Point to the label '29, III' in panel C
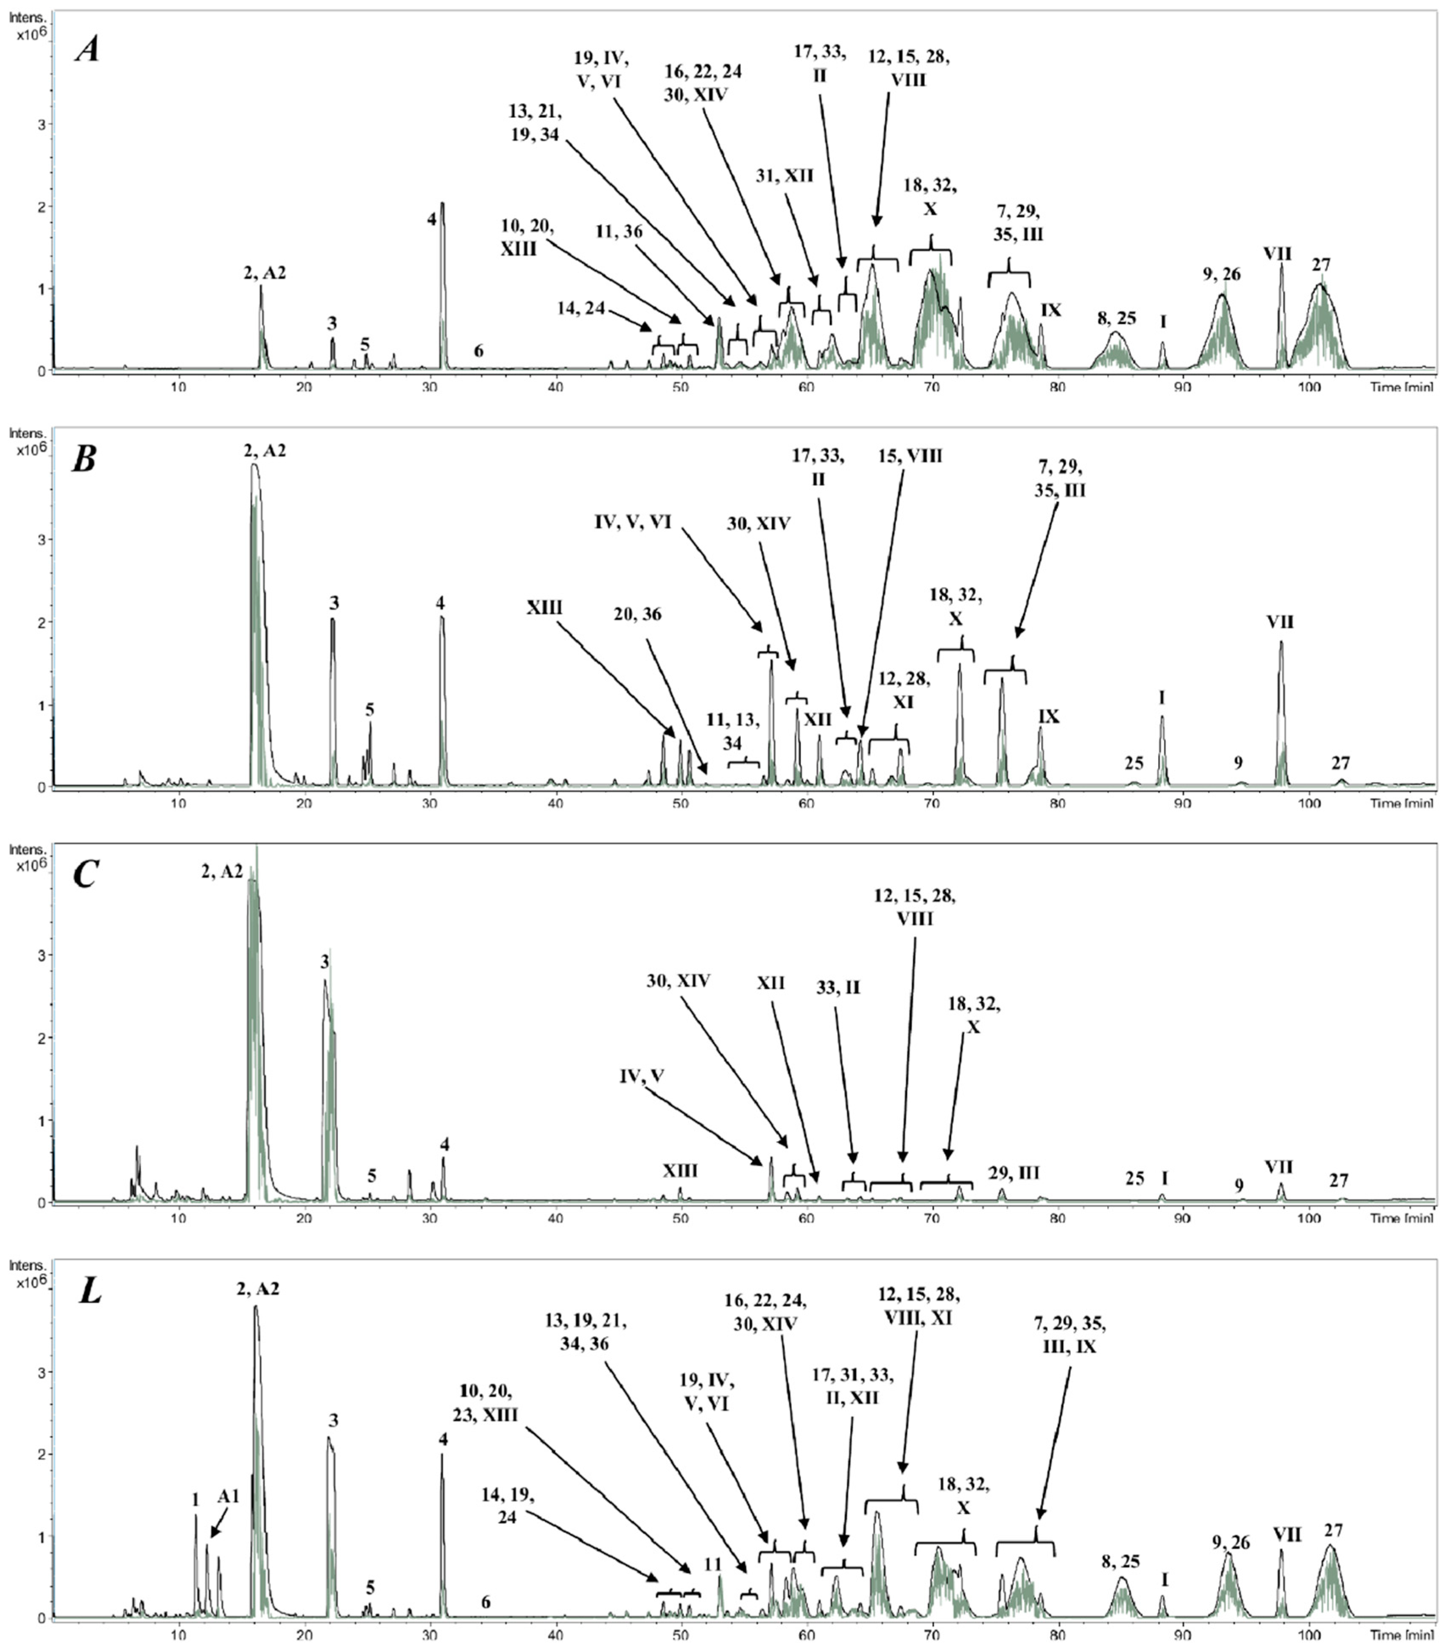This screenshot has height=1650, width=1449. click(1014, 1172)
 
